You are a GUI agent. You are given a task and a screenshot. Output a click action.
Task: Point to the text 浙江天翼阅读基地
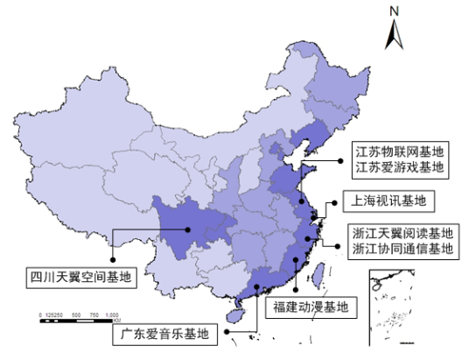[403, 234]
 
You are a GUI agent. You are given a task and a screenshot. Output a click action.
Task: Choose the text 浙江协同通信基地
[403, 250]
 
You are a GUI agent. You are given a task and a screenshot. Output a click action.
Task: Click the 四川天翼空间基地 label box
[80, 278]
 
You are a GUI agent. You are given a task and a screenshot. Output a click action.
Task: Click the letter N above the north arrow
[395, 11]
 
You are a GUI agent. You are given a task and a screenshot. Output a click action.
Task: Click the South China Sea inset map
[390, 302]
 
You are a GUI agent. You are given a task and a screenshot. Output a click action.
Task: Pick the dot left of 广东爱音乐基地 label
[226, 332]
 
